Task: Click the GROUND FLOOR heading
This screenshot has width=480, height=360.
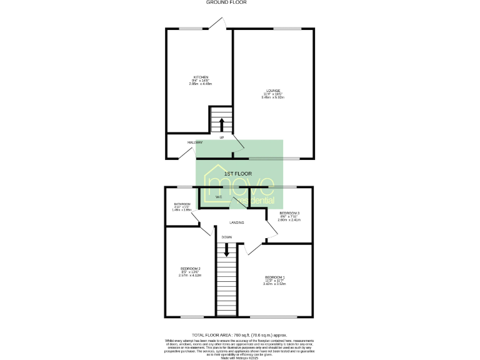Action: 226,2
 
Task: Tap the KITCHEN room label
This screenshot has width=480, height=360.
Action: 200,77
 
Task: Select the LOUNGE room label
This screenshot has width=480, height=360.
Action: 273,91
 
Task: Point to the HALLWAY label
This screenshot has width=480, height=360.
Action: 195,142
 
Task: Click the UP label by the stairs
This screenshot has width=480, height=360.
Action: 221,137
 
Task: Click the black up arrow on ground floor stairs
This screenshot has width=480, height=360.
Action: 221,122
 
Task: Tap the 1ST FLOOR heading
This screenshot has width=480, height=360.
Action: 238,173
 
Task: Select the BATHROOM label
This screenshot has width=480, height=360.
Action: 182,204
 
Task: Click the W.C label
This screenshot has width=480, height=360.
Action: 219,198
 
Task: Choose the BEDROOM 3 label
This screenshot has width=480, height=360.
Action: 289,214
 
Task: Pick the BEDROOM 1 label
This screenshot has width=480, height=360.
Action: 274,277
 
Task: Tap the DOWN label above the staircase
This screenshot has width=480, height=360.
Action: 226,237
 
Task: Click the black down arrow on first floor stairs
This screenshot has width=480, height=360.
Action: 226,250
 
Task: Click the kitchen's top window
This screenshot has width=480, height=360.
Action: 191,28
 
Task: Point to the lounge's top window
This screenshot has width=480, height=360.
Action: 287,28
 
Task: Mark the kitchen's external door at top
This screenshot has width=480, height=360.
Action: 219,23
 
